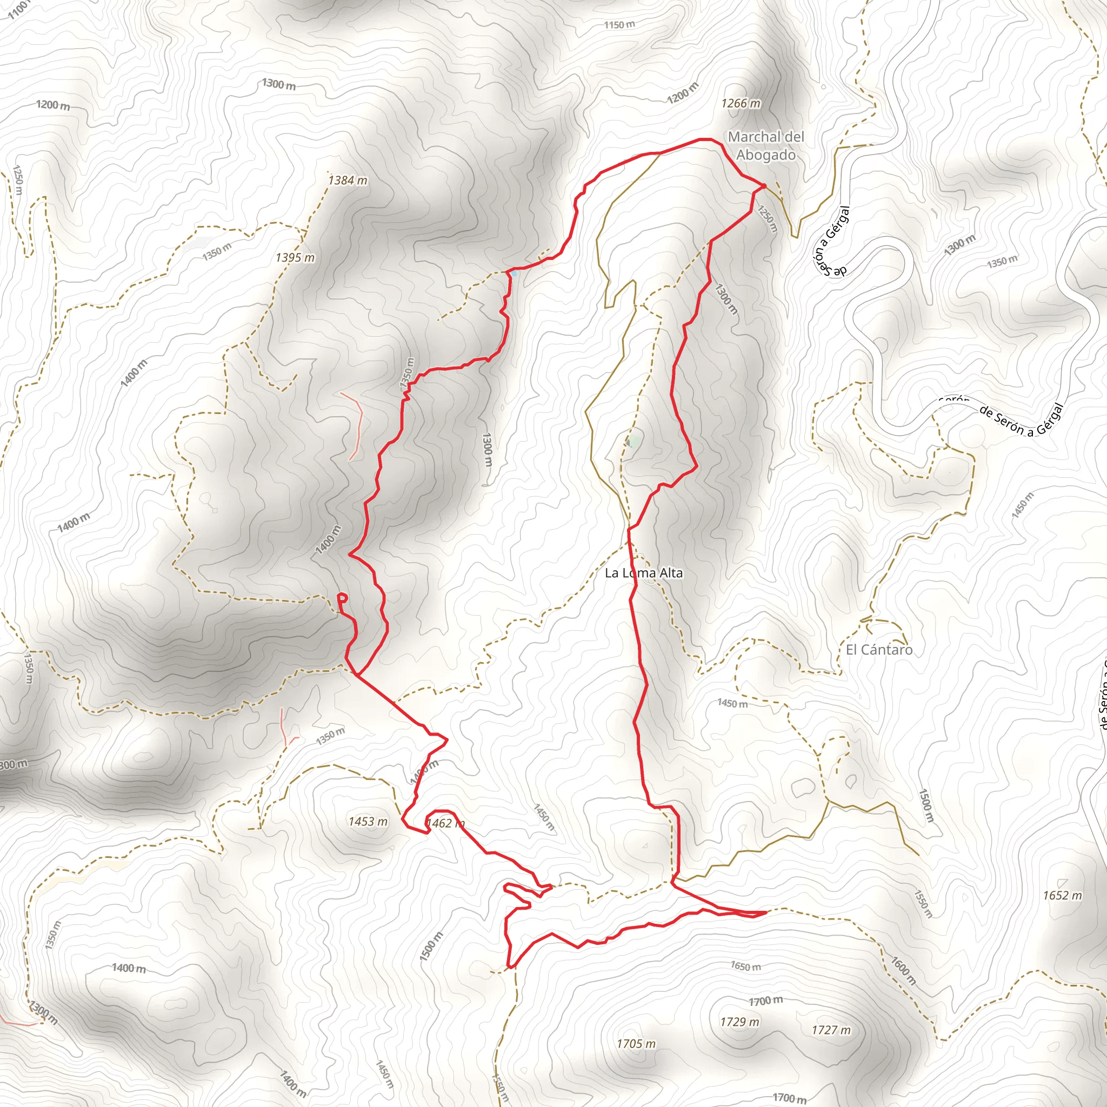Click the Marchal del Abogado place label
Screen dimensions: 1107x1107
(x=766, y=145)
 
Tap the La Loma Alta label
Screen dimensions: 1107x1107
(x=643, y=572)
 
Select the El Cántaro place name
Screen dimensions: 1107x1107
(x=879, y=649)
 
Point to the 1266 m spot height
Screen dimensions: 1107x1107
(x=741, y=103)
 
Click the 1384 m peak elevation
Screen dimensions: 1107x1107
(x=347, y=180)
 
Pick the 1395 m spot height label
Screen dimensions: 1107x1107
(x=295, y=257)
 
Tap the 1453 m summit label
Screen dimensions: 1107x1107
(x=368, y=822)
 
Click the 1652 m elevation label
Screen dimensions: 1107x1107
(x=1062, y=895)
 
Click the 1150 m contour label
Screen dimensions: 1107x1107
(x=619, y=25)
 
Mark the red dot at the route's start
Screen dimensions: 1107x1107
(x=764, y=185)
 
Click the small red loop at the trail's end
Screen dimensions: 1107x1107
(x=342, y=598)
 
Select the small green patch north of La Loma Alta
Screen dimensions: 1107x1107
(x=632, y=442)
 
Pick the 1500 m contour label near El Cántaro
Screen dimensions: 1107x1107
(x=926, y=805)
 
